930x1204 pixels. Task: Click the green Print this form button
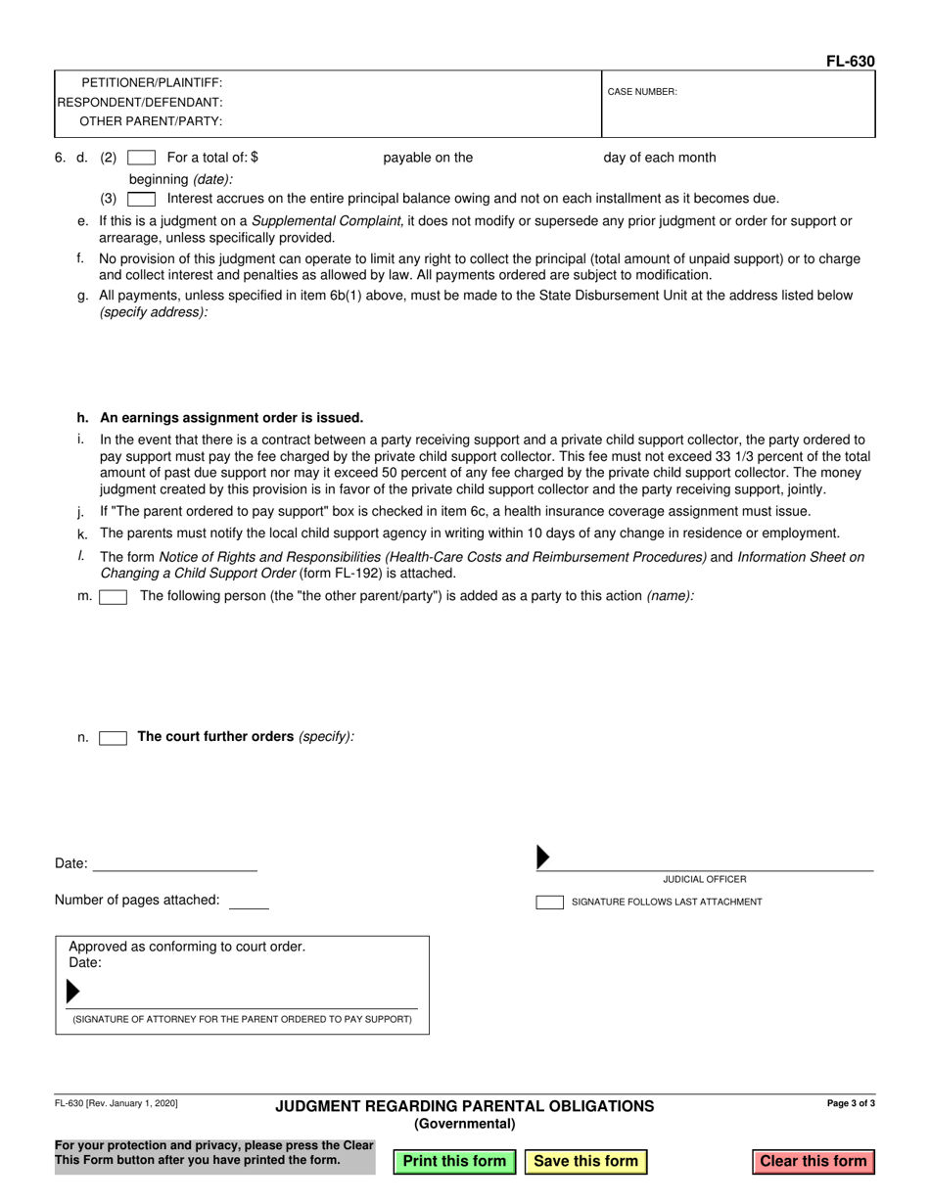454,1161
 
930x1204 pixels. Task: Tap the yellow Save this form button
585,1161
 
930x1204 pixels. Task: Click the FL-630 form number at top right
850,62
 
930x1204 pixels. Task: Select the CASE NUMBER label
642,92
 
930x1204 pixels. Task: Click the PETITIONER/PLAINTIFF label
152,83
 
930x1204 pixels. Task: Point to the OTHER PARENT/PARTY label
151,121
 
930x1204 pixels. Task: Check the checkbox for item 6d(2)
142,158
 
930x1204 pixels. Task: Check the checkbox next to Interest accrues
142,199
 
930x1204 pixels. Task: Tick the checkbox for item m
114,597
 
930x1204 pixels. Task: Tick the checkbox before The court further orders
114,738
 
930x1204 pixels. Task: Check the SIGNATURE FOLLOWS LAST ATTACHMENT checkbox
549,903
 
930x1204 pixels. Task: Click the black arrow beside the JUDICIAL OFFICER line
543,857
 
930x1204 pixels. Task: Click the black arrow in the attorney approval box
72,992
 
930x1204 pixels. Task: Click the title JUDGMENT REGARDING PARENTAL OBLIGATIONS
464,1106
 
